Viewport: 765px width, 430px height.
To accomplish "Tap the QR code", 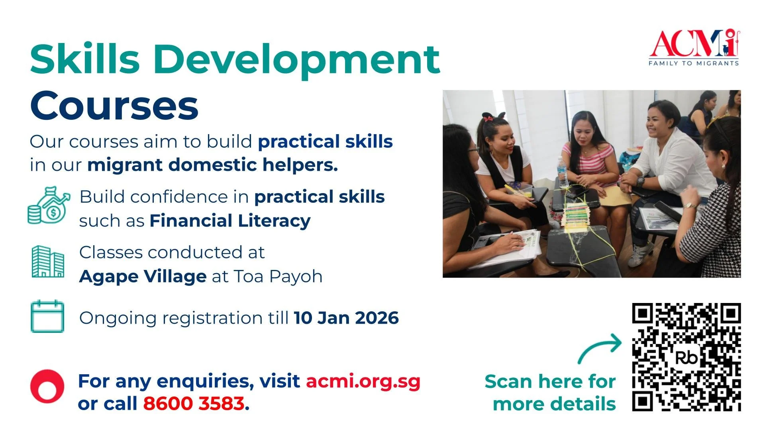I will click(686, 357).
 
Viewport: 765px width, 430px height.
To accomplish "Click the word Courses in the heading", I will click(114, 106).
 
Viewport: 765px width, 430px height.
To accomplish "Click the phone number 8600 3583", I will click(194, 403).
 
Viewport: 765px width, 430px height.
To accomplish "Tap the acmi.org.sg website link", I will click(363, 381).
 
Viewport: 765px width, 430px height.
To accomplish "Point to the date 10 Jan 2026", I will click(346, 318).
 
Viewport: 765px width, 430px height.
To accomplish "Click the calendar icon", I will click(47, 317).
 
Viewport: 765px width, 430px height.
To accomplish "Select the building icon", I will click(48, 262).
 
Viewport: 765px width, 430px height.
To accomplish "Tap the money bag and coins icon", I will click(48, 205).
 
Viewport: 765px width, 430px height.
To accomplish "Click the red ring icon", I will click(47, 386).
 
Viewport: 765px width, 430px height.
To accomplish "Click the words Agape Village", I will click(143, 276).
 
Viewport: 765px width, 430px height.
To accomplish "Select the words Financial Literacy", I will click(230, 221).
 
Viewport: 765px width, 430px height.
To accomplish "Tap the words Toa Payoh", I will click(278, 276).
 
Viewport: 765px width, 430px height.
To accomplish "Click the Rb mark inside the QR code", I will click(686, 358).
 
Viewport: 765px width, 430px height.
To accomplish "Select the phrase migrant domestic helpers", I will click(212, 165).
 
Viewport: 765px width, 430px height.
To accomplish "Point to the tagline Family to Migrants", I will click(694, 63).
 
